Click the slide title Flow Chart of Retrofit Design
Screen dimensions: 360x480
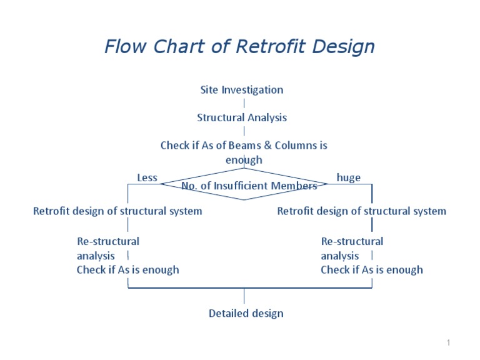[x=239, y=47]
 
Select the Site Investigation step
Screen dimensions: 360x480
[x=241, y=90]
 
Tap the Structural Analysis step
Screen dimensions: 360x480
[x=242, y=117]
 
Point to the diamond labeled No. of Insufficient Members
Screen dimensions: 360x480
[x=244, y=185]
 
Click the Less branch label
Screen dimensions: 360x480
[x=147, y=178]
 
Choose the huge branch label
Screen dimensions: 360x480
[x=349, y=178]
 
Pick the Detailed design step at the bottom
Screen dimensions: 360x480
[x=246, y=314]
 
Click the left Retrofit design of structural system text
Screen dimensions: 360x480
[x=117, y=211]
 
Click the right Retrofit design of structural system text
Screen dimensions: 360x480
[x=361, y=211]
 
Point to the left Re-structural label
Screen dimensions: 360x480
[x=108, y=241]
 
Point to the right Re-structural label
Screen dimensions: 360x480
[x=352, y=241]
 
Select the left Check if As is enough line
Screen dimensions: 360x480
[x=127, y=270]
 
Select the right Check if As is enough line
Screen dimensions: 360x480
[x=371, y=270]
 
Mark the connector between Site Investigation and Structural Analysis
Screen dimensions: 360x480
[x=244, y=104]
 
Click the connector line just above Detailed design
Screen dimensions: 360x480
[x=244, y=296]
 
